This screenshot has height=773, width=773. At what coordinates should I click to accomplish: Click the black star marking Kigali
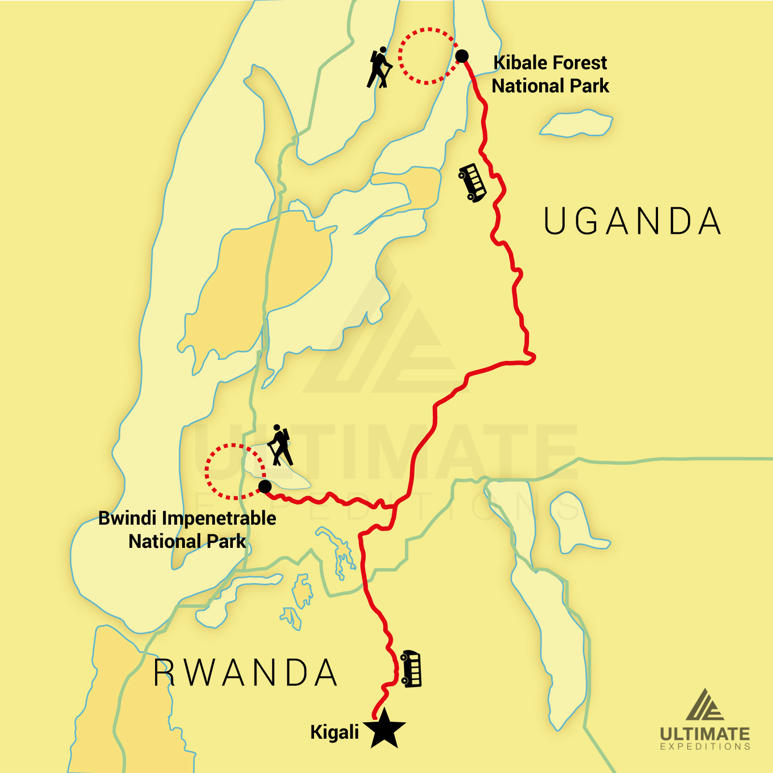[x=385, y=729]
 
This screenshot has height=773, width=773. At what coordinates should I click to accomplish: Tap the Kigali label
[x=334, y=732]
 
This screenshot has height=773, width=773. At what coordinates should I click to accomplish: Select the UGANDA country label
[x=632, y=221]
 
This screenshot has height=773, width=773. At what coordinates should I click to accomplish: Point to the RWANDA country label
[x=245, y=673]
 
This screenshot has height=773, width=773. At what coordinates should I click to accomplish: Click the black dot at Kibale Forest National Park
[x=462, y=56]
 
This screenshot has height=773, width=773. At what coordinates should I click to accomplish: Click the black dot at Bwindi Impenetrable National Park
[x=265, y=486]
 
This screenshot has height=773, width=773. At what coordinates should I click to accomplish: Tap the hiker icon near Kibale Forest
[x=379, y=68]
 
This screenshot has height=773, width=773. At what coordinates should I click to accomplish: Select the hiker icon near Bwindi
[x=280, y=445]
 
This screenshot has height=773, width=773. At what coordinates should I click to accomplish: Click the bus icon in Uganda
[x=472, y=183]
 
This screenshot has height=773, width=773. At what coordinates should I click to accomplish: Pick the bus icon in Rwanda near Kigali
[x=411, y=669]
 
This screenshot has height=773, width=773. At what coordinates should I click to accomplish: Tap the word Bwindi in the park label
[x=128, y=518]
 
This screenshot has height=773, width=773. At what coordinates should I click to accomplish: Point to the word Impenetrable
[x=219, y=518]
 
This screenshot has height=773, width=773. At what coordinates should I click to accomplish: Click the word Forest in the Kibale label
[x=579, y=63]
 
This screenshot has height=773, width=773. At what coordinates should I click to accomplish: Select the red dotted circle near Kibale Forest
[x=427, y=56]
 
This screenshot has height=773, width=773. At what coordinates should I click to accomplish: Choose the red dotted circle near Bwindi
[x=235, y=471]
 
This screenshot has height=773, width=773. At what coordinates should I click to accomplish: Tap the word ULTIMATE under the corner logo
[x=705, y=734]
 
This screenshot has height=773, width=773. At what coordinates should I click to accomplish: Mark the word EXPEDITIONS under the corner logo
[x=705, y=747]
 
